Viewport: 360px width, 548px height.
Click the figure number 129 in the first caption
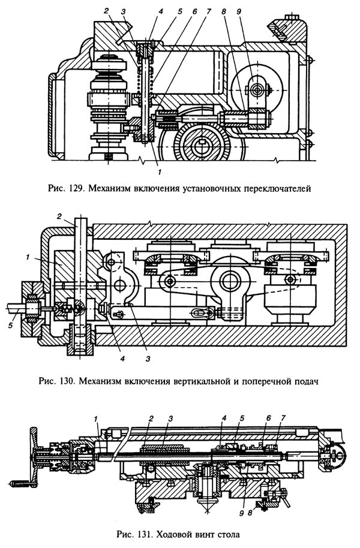(x=75, y=189)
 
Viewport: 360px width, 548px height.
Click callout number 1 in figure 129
(x=160, y=171)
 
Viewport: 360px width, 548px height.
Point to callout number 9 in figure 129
(x=239, y=11)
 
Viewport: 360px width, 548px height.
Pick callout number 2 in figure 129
(x=107, y=10)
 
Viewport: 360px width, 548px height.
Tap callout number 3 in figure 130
(x=148, y=359)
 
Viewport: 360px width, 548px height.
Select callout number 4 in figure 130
(x=122, y=359)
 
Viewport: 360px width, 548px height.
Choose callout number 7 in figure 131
(x=283, y=418)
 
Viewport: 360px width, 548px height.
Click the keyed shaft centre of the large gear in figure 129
(x=202, y=144)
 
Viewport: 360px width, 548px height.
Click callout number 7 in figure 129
(x=209, y=11)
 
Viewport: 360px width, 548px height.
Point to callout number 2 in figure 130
(x=59, y=216)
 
